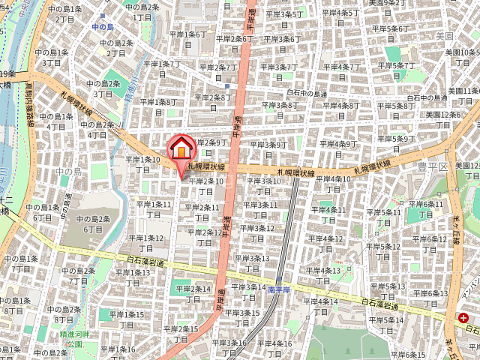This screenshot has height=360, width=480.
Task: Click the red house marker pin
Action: (181, 149)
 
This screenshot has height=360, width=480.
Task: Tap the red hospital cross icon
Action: (457, 317)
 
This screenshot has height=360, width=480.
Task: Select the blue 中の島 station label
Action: (103, 27)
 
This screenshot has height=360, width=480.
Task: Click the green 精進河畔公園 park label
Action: (76, 339)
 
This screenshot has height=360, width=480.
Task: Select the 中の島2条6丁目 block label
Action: (94, 224)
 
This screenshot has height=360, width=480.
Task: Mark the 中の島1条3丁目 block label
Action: (52, 57)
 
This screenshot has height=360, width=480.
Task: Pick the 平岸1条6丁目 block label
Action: (187, 38)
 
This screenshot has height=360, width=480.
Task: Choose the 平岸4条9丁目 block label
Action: (337, 148)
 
